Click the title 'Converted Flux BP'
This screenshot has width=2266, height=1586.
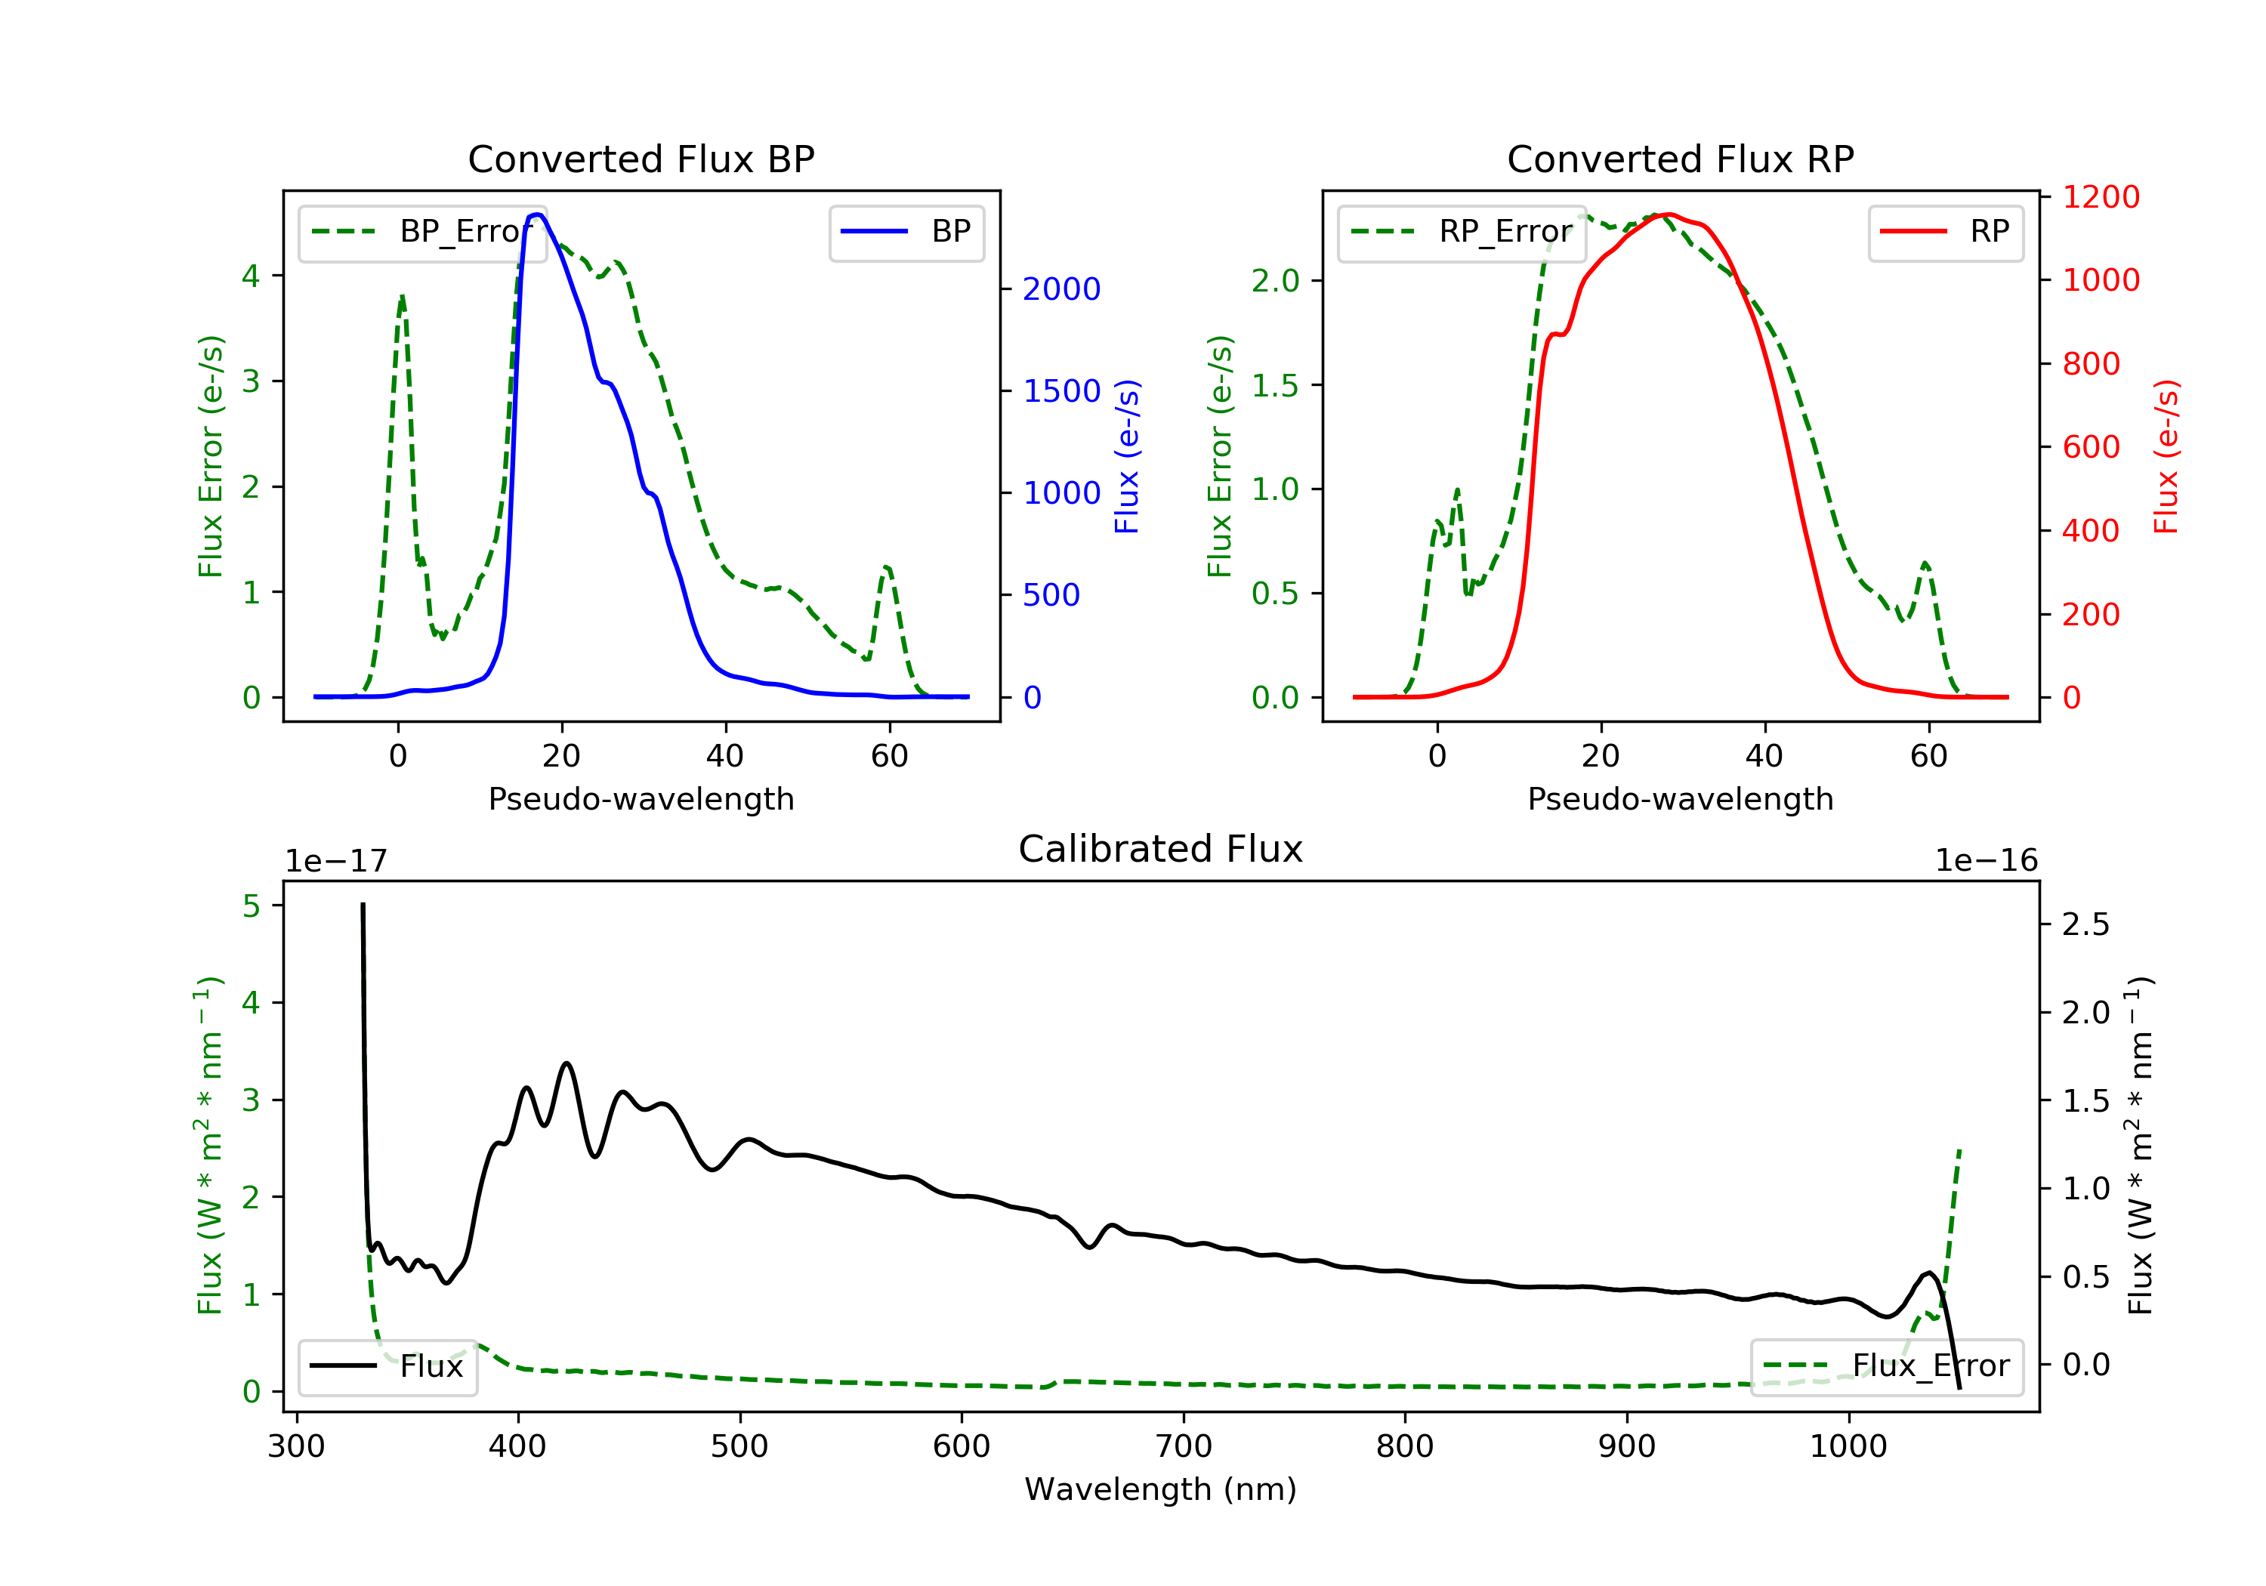point(641,159)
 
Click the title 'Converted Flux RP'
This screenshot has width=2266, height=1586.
point(1680,159)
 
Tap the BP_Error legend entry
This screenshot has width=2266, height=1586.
point(422,232)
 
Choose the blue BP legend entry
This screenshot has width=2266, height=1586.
point(906,232)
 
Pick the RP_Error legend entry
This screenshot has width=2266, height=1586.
point(1462,232)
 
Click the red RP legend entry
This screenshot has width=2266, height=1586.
point(1945,232)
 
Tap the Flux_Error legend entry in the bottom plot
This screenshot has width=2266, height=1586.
point(1886,1366)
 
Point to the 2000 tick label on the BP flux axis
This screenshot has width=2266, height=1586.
point(1061,289)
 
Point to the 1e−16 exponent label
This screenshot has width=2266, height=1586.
point(1986,861)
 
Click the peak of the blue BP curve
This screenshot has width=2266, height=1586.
point(537,214)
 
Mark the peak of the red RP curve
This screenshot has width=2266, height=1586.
point(1667,214)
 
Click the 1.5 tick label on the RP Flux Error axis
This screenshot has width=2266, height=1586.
point(1275,386)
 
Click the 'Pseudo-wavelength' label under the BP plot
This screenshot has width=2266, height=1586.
point(641,798)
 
